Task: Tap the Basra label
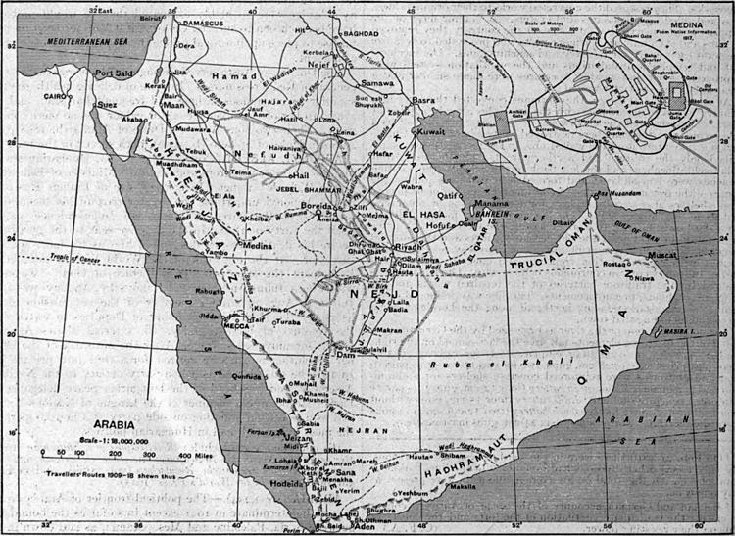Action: pos(423,100)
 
